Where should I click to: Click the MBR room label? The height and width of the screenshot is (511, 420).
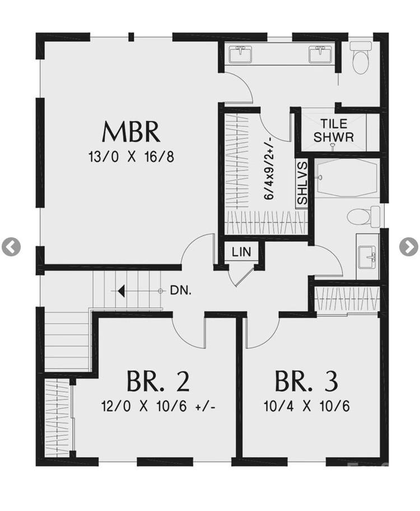[131, 132]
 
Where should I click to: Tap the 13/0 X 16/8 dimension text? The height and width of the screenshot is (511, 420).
[131, 157]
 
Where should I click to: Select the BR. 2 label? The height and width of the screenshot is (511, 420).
[157, 381]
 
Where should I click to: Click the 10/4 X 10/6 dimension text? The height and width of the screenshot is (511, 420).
[306, 406]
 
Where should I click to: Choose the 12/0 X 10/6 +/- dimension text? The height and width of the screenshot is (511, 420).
[159, 406]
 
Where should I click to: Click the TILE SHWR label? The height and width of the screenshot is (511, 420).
[334, 130]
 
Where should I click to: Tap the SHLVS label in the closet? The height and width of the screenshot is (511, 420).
[302, 183]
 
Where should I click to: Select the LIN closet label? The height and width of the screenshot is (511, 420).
[241, 252]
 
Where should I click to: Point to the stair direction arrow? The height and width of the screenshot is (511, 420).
[120, 291]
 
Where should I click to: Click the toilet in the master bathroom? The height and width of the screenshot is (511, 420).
[361, 58]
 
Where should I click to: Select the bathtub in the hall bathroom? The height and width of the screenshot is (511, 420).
[346, 177]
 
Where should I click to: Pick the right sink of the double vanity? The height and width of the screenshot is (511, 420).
[320, 54]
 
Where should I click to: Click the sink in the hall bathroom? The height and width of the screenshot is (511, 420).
[368, 257]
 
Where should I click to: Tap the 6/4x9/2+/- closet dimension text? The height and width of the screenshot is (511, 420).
[269, 168]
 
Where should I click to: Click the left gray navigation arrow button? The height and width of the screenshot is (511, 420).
[11, 246]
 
